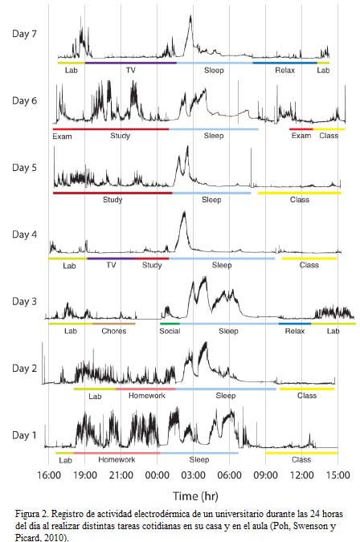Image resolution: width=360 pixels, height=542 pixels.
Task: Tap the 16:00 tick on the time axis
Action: [49, 475]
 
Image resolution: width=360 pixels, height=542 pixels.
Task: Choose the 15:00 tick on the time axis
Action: [337, 475]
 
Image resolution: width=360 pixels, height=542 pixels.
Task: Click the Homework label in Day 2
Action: [145, 396]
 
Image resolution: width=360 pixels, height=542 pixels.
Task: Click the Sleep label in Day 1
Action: [199, 460]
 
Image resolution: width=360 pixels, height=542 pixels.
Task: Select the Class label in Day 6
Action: [329, 136]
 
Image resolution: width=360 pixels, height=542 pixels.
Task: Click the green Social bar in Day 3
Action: [170, 324]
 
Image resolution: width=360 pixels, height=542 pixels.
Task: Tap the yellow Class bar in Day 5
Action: [299, 193]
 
